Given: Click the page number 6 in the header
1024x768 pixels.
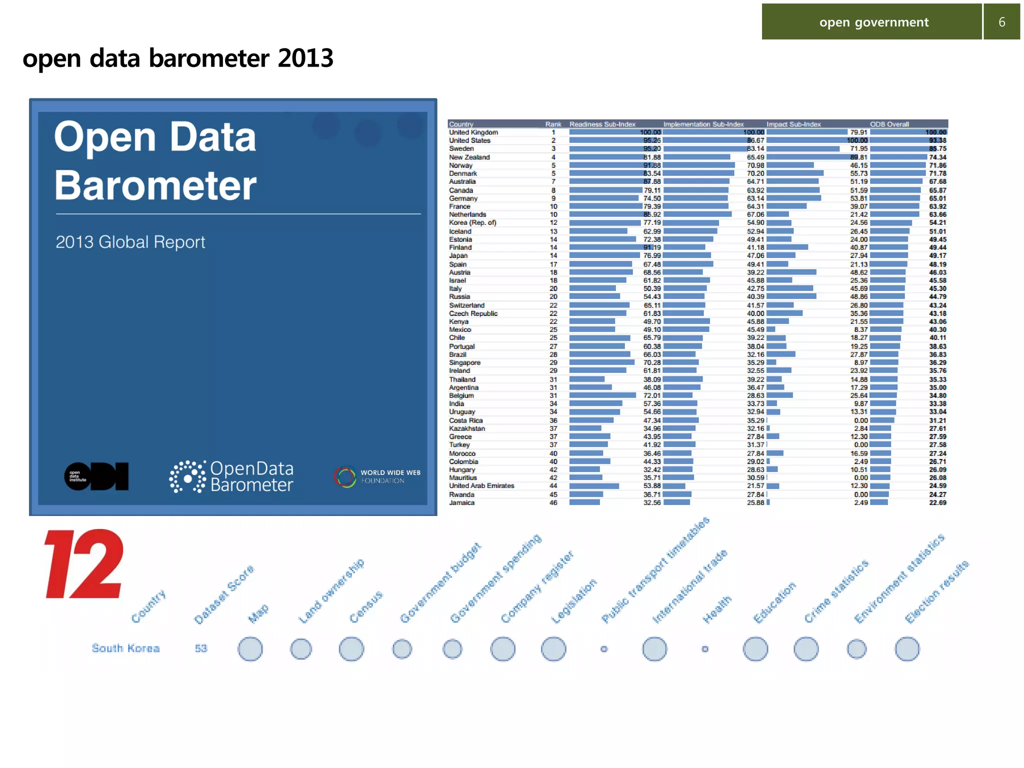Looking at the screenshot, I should (1001, 22).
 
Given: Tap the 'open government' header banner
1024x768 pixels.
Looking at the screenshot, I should (873, 22).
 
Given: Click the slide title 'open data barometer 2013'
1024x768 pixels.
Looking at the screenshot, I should (178, 58).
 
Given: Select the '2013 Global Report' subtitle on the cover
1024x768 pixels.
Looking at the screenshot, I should (130, 242).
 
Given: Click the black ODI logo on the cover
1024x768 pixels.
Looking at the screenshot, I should (96, 476).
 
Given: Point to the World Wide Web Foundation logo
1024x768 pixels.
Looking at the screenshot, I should (377, 476).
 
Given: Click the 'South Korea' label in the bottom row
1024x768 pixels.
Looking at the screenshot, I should (125, 648).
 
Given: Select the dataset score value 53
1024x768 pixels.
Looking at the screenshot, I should (201, 648).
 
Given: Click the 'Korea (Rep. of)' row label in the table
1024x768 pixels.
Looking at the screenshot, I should (472, 222).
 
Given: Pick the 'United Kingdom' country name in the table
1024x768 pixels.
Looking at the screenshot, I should (473, 132).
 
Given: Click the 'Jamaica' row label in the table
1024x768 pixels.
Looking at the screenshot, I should (461, 502).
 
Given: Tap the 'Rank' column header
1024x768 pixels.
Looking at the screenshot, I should (553, 124).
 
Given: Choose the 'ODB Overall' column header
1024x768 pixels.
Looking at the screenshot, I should (889, 124).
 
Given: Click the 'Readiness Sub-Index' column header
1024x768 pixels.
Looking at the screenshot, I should (602, 124).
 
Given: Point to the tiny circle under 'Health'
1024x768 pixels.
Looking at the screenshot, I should (705, 649).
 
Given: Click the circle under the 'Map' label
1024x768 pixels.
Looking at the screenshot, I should (250, 649).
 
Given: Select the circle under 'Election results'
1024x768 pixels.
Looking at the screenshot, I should (907, 649).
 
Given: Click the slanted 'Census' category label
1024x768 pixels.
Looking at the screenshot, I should (366, 607).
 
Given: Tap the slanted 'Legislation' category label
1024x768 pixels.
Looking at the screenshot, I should (574, 601).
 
